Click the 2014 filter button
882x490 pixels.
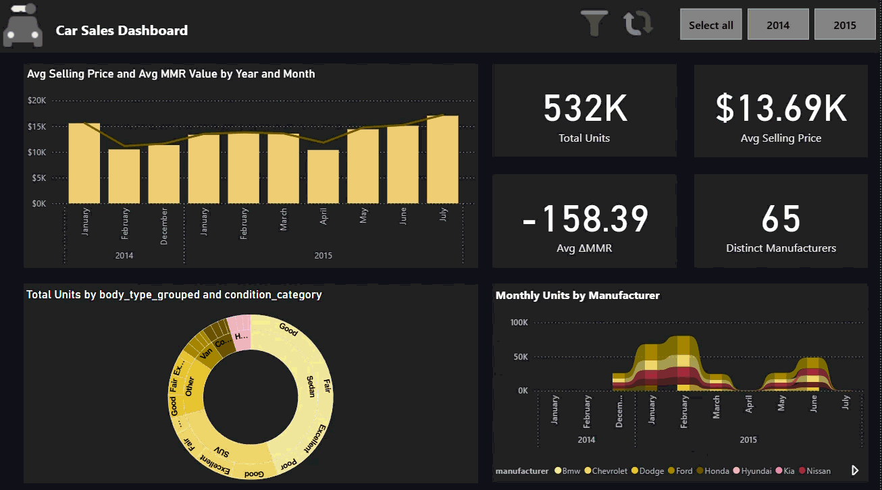click(x=778, y=25)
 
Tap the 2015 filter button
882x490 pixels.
click(x=845, y=25)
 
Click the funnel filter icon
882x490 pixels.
click(x=594, y=23)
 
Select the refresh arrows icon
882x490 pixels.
click(x=638, y=23)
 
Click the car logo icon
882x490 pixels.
click(x=22, y=27)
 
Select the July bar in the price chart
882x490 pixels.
click(x=442, y=159)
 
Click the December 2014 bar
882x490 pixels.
click(x=164, y=174)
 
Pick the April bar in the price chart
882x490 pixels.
click(x=323, y=176)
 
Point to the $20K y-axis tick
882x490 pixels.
click(x=36, y=101)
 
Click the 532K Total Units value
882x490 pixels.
click(x=585, y=108)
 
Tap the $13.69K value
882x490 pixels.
click(x=781, y=108)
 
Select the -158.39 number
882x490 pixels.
click(x=585, y=219)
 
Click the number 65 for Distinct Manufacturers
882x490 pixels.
click(x=781, y=219)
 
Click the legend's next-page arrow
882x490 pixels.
click(x=855, y=470)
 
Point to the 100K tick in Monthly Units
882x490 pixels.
click(x=519, y=323)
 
